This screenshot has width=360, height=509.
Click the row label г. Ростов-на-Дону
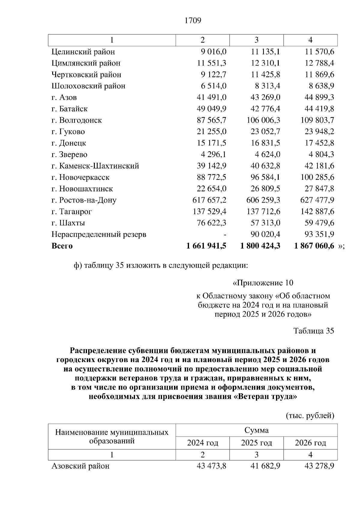point(84,200)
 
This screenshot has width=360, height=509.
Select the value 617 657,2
point(209,200)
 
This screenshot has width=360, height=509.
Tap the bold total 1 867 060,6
point(314,246)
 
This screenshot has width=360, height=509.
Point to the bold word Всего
point(62,246)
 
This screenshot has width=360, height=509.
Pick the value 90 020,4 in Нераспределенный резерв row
point(265,234)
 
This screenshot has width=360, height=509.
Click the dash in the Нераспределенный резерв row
point(224,234)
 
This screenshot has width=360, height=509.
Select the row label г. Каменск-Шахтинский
point(95,166)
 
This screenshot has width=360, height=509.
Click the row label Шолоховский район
point(88,86)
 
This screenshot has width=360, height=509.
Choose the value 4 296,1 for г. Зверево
point(214,155)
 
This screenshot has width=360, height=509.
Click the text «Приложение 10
point(263,283)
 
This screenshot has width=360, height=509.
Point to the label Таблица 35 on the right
point(313,331)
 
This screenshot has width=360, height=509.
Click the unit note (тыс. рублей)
point(309,416)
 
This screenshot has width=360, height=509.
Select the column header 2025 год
point(256,443)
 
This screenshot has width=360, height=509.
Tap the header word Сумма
point(256,430)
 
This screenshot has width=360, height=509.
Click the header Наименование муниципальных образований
point(112,437)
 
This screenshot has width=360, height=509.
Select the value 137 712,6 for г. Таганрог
point(263,212)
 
